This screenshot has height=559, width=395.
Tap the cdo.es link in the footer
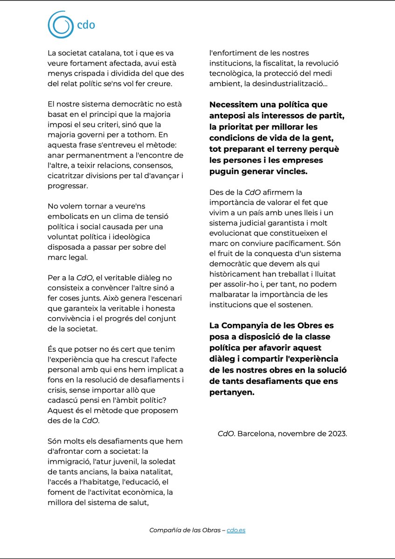point(236,530)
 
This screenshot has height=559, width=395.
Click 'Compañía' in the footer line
point(164,530)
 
